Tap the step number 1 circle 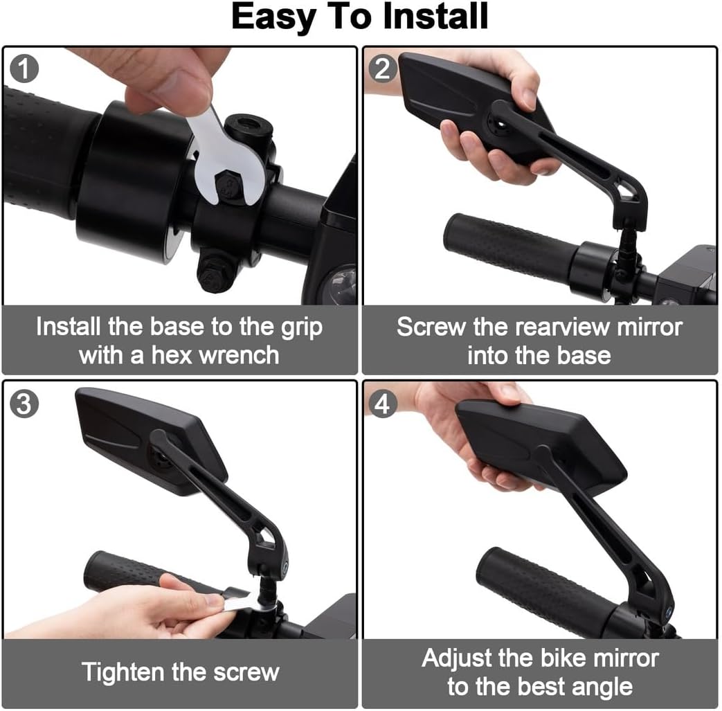tap(24, 69)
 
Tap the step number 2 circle tap(383, 69)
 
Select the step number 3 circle tap(24, 404)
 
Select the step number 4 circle tap(383, 404)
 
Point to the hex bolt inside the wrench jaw tap(228, 186)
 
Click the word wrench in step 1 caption tap(239, 355)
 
